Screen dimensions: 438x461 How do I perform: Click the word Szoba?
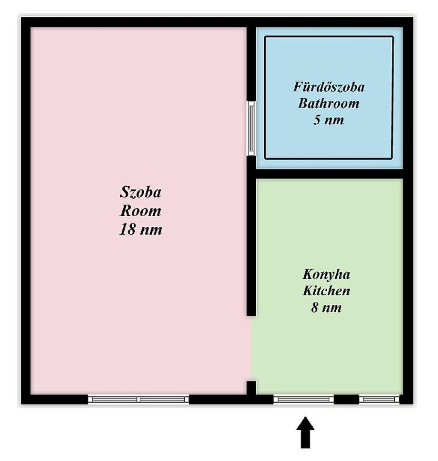click(140, 192)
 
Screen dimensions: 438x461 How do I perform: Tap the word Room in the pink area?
click(140, 211)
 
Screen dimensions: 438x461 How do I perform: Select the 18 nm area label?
click(140, 229)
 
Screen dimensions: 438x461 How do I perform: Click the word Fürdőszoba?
click(329, 87)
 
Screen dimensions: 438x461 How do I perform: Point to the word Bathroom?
click(329, 104)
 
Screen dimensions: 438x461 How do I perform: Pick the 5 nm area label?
click(329, 120)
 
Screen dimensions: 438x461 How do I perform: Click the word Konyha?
click(326, 275)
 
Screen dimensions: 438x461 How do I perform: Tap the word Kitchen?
click(326, 291)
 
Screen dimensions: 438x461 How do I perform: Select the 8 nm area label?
click(326, 307)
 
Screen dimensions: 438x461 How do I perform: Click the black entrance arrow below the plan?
click(305, 432)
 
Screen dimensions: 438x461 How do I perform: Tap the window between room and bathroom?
click(251, 128)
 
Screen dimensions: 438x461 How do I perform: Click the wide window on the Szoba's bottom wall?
click(138, 399)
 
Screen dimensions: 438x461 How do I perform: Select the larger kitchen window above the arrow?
click(303, 399)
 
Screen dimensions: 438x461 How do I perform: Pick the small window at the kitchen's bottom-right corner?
click(379, 399)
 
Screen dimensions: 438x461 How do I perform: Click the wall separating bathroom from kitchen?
click(329, 174)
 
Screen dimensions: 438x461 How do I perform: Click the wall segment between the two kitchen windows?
click(346, 399)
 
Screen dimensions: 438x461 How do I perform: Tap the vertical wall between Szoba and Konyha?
click(251, 236)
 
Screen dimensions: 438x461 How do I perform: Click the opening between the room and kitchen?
click(251, 349)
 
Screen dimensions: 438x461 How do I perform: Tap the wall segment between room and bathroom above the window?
click(251, 64)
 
